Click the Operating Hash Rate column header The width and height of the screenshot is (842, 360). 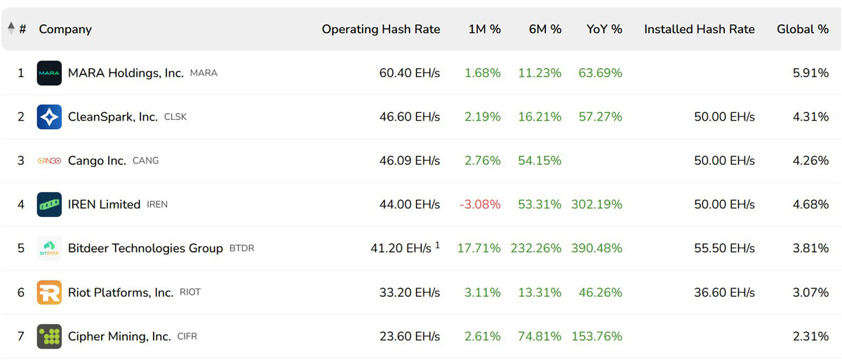tap(381, 29)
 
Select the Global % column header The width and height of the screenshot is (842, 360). tap(803, 29)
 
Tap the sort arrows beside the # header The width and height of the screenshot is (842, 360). tap(11, 29)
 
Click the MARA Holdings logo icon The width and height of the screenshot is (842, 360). tap(49, 73)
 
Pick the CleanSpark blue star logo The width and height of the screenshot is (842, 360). tap(49, 117)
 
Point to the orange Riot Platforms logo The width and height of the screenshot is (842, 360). tap(49, 293)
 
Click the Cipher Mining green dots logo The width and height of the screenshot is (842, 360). tap(49, 336)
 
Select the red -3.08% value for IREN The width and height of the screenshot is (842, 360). tap(480, 204)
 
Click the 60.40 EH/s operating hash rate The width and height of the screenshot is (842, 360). tap(409, 73)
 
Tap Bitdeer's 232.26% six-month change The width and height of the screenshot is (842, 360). tap(535, 248)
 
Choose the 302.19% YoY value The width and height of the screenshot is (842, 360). tap(596, 204)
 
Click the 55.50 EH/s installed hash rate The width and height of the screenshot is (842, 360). tap(724, 248)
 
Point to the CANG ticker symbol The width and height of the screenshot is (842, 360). tap(145, 161)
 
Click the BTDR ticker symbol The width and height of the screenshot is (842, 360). tap(241, 248)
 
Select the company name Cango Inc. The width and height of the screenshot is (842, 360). tap(97, 161)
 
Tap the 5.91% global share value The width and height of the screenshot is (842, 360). tap(811, 73)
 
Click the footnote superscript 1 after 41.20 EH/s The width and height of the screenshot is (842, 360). tap(437, 245)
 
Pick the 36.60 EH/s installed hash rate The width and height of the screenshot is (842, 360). tap(724, 293)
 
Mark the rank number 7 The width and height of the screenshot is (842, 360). tap(20, 336)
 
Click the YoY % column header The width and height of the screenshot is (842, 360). tap(604, 29)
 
